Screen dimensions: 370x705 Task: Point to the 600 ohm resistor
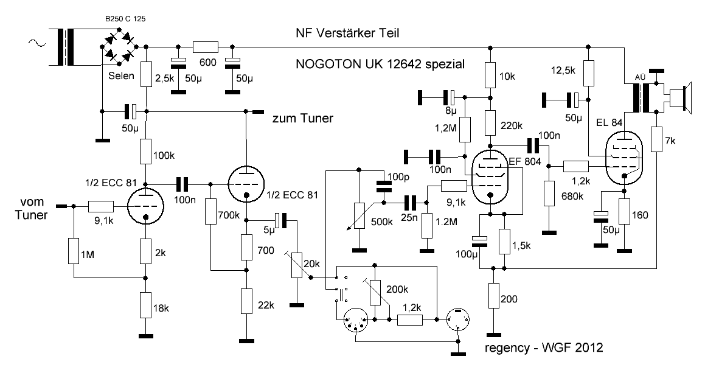point(206,47)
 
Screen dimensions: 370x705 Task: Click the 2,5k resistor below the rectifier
point(146,74)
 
